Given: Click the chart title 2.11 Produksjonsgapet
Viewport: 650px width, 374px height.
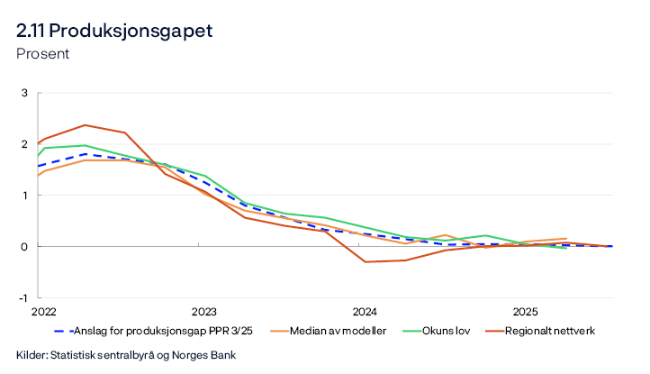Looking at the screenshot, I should click(x=114, y=31).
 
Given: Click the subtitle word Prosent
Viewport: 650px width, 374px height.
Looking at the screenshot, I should click(x=42, y=53).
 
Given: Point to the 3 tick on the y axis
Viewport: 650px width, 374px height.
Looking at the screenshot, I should click(x=25, y=93).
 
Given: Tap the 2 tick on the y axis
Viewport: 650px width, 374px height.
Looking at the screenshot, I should click(x=25, y=144).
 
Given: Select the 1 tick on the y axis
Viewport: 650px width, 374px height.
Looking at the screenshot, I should click(x=25, y=196).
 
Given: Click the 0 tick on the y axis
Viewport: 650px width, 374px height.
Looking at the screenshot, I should click(x=25, y=247).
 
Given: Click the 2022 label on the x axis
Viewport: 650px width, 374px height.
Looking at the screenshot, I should click(x=43, y=312).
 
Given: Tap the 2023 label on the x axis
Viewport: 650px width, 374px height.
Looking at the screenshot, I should click(x=203, y=312).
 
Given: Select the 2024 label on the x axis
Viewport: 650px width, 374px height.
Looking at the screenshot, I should click(x=365, y=312).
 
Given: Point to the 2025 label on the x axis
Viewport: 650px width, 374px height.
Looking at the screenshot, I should click(x=526, y=312).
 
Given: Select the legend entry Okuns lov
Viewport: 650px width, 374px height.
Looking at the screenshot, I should click(x=443, y=332).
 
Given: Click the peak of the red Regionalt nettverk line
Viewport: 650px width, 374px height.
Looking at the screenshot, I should click(x=85, y=125).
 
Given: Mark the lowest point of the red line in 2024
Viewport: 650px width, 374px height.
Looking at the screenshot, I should click(x=366, y=262).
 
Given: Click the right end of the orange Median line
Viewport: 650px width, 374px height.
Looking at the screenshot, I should click(x=566, y=239).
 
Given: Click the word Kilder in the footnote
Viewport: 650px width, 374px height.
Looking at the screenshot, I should click(x=32, y=354).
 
